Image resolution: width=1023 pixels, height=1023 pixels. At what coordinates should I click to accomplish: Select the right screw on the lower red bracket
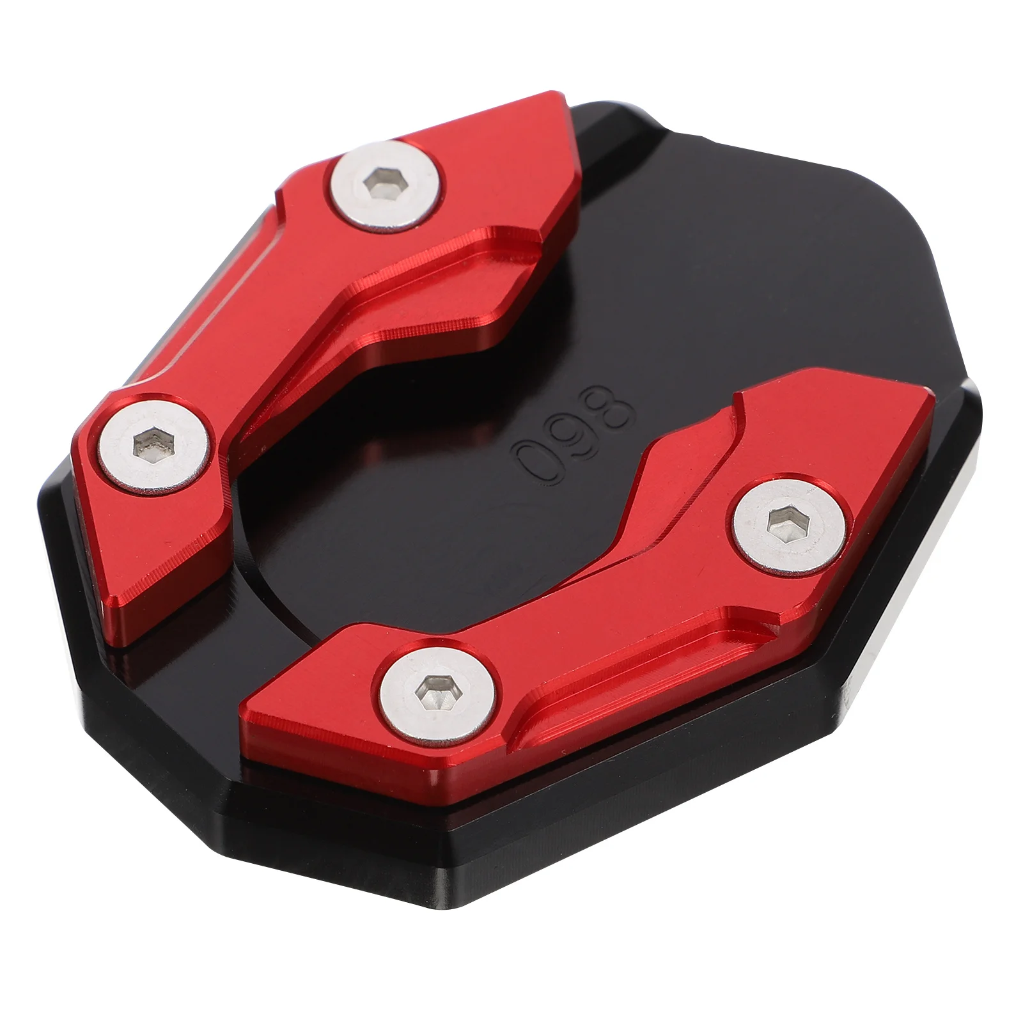(x=791, y=524)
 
